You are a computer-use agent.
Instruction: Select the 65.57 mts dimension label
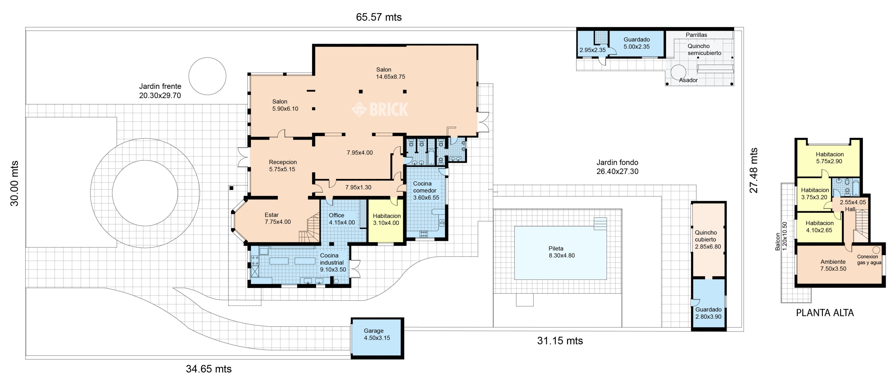(x=379, y=17)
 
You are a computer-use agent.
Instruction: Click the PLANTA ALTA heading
(x=825, y=313)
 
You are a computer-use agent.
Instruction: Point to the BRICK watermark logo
(x=380, y=109)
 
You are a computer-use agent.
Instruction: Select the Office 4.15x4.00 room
(x=342, y=219)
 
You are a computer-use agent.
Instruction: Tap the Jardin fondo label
(x=617, y=167)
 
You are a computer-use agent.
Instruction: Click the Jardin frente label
(x=160, y=91)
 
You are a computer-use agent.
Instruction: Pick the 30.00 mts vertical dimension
(x=14, y=184)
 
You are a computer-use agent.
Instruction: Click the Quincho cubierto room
(x=708, y=239)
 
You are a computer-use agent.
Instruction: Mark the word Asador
(x=688, y=80)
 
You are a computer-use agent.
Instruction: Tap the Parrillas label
(x=696, y=35)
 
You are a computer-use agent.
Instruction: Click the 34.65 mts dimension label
(x=209, y=369)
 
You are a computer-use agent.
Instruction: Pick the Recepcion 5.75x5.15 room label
(x=283, y=166)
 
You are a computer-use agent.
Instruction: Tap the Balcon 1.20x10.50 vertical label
(x=781, y=236)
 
